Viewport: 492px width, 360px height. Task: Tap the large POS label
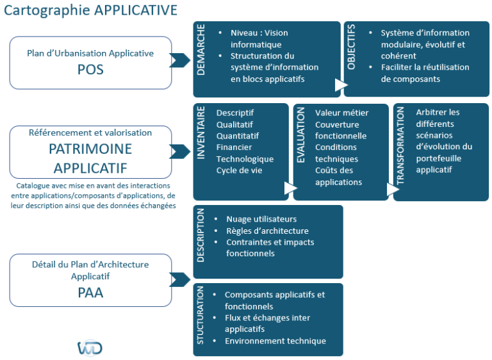(90, 70)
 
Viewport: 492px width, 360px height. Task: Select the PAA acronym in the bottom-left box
(90, 293)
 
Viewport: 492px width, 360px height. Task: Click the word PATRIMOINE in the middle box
(90, 149)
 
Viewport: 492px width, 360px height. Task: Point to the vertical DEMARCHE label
(202, 50)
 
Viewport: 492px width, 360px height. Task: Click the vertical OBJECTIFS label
(351, 47)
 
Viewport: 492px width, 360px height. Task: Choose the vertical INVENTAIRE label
(201, 133)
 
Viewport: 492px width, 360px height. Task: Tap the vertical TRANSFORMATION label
(401, 146)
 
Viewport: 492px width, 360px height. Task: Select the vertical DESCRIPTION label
(201, 234)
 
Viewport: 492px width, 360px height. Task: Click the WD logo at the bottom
(90, 348)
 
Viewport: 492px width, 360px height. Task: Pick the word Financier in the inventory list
(234, 147)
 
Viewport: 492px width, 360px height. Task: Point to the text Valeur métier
(341, 113)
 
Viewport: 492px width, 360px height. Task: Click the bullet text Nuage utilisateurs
(261, 219)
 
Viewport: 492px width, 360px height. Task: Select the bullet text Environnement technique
(275, 341)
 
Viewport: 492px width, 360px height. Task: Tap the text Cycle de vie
(239, 170)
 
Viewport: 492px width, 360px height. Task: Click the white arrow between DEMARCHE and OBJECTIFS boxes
(341, 85)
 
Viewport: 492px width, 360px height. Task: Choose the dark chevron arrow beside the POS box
(180, 61)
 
